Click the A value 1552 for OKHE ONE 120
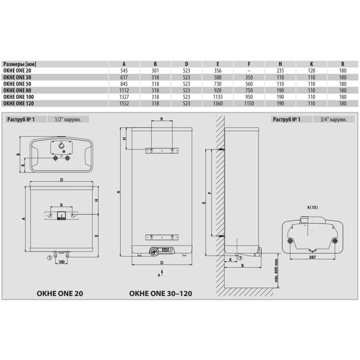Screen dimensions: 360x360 point(124,103)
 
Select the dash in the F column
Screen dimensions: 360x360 point(249,71)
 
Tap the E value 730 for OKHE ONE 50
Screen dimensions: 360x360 point(218,84)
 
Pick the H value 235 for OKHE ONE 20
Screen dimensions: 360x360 point(280,71)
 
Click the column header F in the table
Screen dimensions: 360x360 point(249,64)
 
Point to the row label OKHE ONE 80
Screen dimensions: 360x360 point(17,90)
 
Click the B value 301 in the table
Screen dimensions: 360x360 point(155,71)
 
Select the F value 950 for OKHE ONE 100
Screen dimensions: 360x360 point(249,97)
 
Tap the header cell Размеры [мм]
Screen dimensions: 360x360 point(20,64)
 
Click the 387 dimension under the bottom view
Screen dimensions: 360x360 point(312,257)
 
